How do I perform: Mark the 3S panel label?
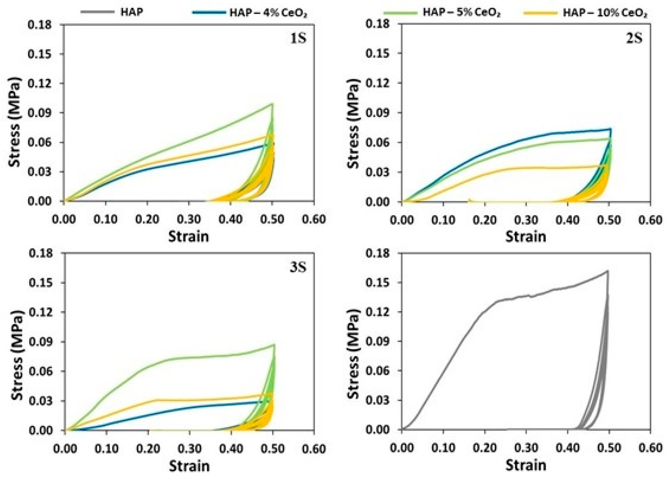[x=298, y=268]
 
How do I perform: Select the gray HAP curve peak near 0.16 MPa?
[x=606, y=271]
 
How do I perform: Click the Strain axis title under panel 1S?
[x=188, y=236]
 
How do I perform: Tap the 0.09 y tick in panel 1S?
[x=39, y=113]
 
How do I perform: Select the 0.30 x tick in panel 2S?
[x=526, y=220]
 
